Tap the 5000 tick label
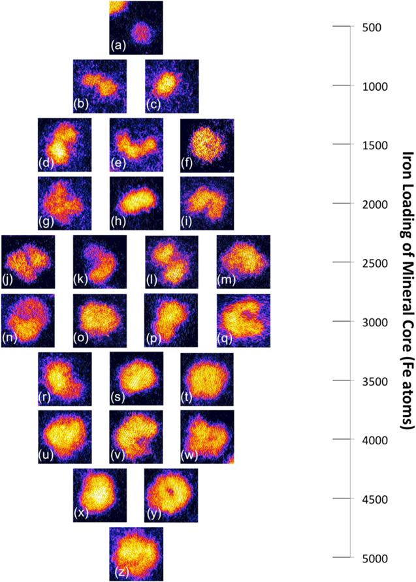(366, 558)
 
